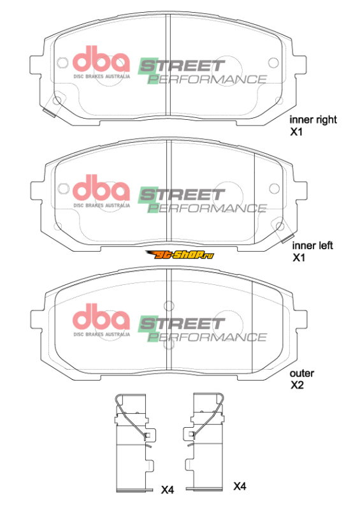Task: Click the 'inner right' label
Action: tap(313, 120)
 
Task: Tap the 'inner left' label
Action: tap(312, 245)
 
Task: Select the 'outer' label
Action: tap(302, 374)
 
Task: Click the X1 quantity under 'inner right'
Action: tap(296, 132)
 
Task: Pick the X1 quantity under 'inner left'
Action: tap(299, 258)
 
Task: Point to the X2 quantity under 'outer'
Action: tap(297, 385)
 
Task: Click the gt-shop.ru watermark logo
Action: tap(180, 254)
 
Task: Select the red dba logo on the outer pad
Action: tap(101, 316)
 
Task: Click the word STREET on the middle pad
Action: tap(182, 195)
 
